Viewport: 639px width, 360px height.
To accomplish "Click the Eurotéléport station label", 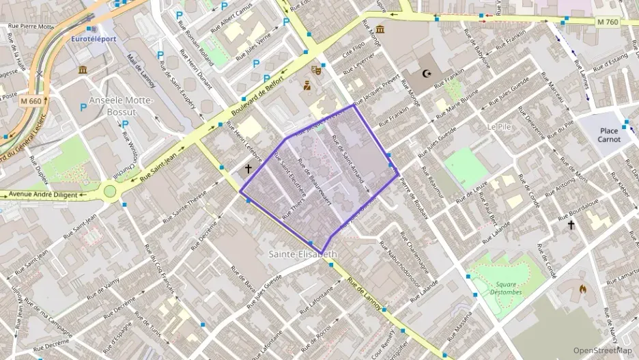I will click(x=94, y=39).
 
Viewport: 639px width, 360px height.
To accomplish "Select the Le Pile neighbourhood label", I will click(x=499, y=127).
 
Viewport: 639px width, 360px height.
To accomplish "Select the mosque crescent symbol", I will click(x=428, y=73).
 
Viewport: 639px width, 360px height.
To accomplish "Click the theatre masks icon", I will click(x=316, y=70).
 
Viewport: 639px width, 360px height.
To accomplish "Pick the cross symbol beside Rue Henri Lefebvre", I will click(x=248, y=168).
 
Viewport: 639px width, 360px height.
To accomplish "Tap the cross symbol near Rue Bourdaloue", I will click(x=571, y=224).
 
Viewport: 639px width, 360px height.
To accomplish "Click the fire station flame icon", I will click(x=582, y=289).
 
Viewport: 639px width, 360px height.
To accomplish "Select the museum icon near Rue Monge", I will click(x=380, y=29).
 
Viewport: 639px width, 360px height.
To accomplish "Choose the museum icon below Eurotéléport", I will click(x=83, y=70).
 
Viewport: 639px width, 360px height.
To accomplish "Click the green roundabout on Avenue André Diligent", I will click(x=110, y=191).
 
